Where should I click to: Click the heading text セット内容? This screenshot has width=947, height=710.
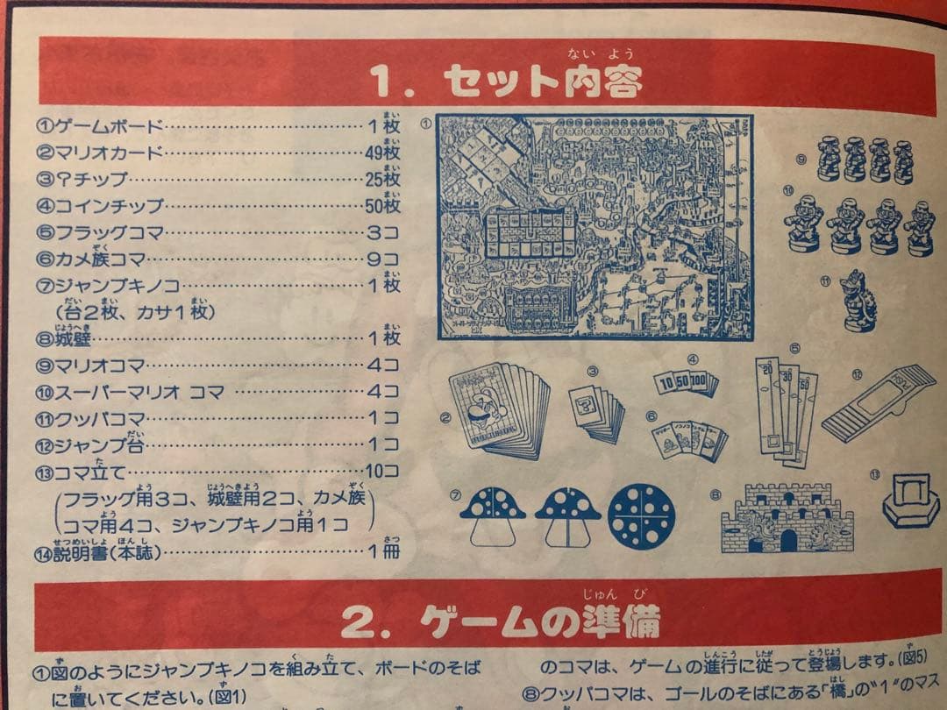click(542, 82)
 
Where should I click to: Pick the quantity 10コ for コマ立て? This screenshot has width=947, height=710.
click(382, 472)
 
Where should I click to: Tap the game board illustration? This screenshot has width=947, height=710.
click(595, 226)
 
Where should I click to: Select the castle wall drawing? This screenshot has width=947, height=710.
click(786, 518)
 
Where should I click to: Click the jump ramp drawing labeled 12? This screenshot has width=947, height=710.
click(879, 403)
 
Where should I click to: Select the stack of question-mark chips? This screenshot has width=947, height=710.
click(597, 412)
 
